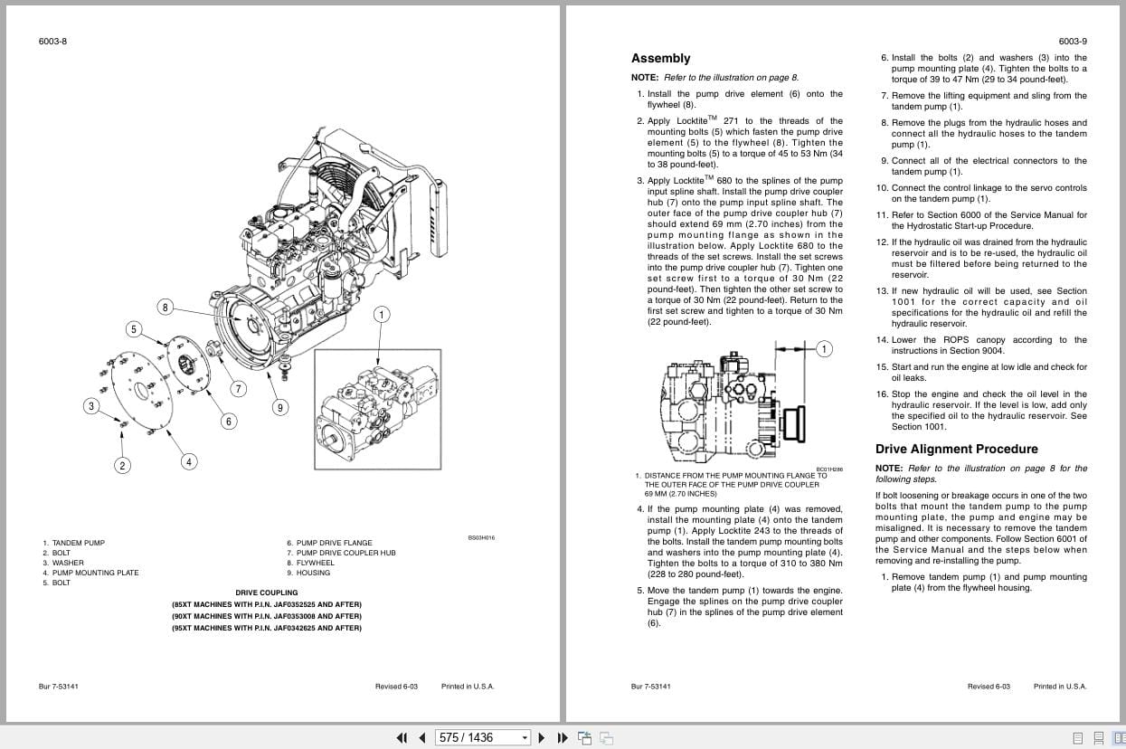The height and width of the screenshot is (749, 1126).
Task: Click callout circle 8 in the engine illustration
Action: point(165,307)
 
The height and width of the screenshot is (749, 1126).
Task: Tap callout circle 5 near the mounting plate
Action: point(134,329)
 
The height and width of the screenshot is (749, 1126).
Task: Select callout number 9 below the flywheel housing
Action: point(279,408)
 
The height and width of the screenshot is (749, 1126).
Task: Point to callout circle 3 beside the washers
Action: point(90,406)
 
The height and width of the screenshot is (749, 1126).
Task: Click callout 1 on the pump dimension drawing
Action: point(823,349)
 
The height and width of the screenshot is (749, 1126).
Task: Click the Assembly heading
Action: point(660,59)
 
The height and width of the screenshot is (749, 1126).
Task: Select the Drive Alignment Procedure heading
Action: point(956,449)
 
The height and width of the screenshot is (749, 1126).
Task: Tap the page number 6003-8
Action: point(52,42)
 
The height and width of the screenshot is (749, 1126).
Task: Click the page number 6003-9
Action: point(1073,42)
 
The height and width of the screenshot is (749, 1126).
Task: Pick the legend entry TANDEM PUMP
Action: point(78,543)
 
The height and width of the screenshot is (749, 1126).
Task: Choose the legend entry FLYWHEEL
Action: point(315,563)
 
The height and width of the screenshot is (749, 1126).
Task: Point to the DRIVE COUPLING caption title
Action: point(266,593)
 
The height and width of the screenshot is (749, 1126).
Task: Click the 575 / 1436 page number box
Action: point(482,737)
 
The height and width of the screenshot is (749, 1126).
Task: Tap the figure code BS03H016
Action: point(481,537)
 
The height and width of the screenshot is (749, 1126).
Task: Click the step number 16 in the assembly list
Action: point(882,394)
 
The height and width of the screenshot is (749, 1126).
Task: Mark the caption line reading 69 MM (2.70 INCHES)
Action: point(680,494)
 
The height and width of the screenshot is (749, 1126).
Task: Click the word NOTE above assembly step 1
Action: point(645,78)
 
